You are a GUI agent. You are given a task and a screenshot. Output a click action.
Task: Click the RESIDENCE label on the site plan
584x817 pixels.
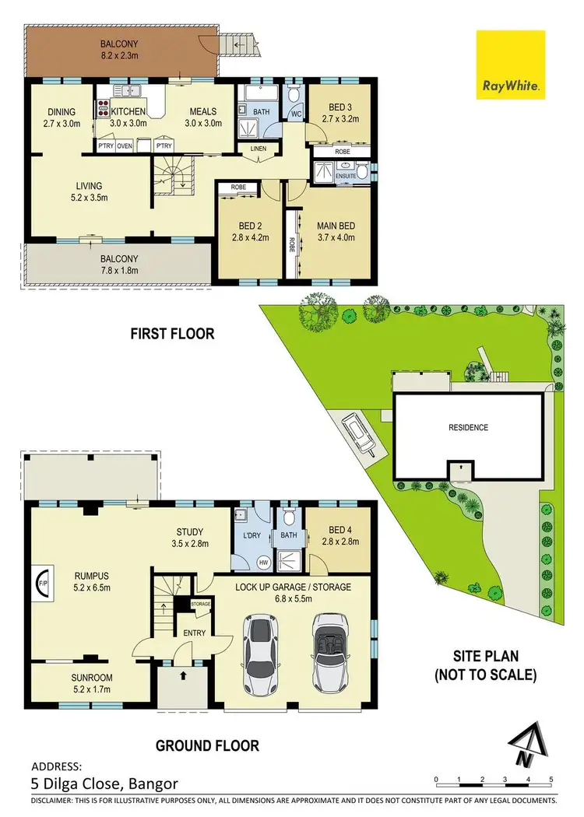468,427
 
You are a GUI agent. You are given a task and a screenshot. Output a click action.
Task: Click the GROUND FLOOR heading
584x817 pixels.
207,745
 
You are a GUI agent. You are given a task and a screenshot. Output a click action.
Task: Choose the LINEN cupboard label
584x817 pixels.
259,148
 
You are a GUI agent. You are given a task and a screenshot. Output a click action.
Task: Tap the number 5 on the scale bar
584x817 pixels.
551,779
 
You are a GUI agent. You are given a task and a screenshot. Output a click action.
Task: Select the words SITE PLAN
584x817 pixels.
485,656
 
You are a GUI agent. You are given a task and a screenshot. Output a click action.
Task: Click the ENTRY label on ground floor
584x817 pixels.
194,633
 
